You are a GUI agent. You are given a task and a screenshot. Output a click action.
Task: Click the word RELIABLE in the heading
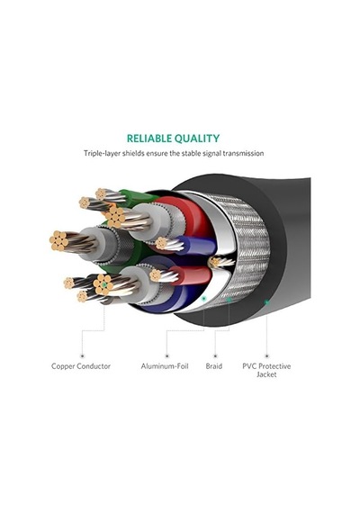coord(148,139)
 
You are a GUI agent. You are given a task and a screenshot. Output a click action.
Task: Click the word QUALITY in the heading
coord(197,139)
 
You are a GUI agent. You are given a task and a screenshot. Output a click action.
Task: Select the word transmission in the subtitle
coord(243,153)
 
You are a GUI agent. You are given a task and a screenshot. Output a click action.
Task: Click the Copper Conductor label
coord(81,366)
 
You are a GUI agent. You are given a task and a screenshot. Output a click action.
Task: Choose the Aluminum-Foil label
coord(165,366)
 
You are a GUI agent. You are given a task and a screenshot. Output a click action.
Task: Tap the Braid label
coord(214,366)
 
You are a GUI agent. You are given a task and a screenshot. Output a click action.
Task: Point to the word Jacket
coord(266,374)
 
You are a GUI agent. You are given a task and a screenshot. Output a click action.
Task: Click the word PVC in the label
coord(249,366)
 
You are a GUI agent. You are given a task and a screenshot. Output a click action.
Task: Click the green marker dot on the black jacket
coord(266,302)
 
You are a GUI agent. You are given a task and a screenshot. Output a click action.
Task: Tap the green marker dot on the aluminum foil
coord(204,299)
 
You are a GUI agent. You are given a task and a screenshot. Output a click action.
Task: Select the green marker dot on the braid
coord(229,300)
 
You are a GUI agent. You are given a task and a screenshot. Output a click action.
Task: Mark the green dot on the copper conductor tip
coord(104,285)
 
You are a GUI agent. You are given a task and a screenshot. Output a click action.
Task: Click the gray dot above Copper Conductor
coord(82,355)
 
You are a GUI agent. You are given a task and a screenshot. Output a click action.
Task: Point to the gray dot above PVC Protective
coord(266,355)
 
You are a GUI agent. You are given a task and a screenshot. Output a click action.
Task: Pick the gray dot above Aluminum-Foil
coord(166,355)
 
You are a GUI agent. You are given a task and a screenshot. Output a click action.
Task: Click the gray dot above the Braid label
coord(215,355)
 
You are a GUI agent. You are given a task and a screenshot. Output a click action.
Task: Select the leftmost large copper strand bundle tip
coord(59,241)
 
